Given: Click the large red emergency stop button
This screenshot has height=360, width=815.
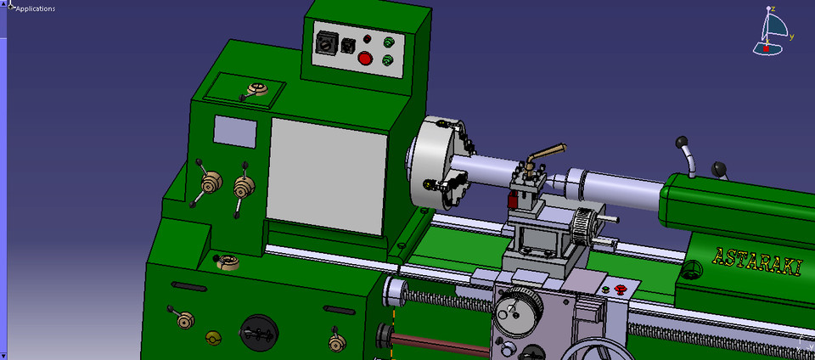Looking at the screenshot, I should [x=366, y=59].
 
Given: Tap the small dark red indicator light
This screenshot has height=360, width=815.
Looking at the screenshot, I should [x=367, y=39].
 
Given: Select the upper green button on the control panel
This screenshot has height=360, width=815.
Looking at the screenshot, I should [x=390, y=42].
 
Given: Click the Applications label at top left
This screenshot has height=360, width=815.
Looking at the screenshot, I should [x=36, y=8].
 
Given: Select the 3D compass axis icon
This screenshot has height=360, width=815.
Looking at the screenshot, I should [x=772, y=32].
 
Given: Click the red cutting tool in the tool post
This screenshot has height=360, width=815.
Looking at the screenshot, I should [x=513, y=200].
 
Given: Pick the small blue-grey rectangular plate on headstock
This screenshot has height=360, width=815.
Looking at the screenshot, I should [x=234, y=131].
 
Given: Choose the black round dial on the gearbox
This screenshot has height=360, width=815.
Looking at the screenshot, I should [x=260, y=330].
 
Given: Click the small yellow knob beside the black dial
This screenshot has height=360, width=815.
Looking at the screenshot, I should [x=213, y=339].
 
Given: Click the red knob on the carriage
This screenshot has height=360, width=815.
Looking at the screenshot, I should [x=619, y=290].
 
